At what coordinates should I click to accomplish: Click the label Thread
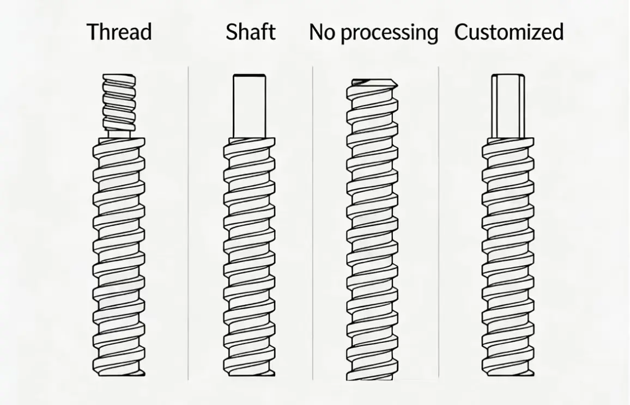[x=119, y=32]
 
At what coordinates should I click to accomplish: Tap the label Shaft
[x=250, y=32]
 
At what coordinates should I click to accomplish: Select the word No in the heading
[x=322, y=32]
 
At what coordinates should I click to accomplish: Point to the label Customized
[x=509, y=32]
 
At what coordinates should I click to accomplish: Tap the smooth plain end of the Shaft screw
[x=250, y=106]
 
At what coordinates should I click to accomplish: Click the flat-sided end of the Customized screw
[x=508, y=106]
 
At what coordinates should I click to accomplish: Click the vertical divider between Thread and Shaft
[x=188, y=223]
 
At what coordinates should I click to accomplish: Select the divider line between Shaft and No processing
[x=313, y=223]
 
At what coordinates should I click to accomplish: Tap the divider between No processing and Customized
[x=438, y=223]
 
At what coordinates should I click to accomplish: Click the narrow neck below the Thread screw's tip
[x=119, y=134]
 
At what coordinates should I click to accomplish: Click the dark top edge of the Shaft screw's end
[x=250, y=76]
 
